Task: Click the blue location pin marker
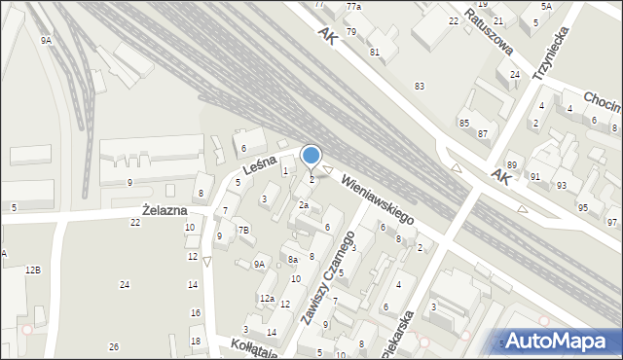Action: point(311,156)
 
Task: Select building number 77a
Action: point(353,7)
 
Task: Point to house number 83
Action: point(419,87)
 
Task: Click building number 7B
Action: point(244,230)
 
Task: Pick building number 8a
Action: point(292,260)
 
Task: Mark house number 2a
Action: point(304,205)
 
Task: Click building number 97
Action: point(611,223)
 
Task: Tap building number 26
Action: point(114,347)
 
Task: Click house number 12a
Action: point(267,298)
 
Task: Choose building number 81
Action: point(374,52)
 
